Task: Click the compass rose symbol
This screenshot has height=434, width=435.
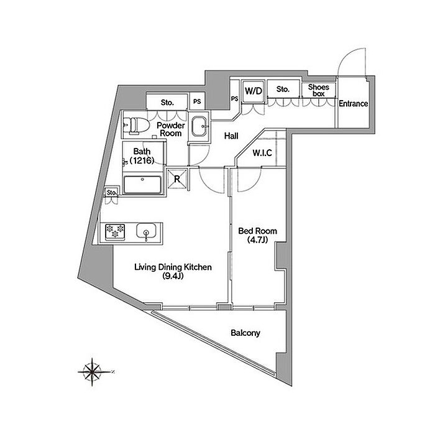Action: (93, 372)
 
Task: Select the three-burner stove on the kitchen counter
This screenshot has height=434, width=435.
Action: (115, 232)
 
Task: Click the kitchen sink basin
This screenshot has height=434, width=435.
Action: (146, 231)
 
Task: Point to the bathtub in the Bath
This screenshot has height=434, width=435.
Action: (142, 185)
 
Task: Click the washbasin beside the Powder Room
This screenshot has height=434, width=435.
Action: (199, 127)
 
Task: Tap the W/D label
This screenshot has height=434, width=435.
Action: (254, 91)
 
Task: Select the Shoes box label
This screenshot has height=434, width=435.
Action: (318, 90)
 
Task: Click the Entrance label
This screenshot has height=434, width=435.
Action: (353, 103)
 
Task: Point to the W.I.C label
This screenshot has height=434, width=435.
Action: (262, 153)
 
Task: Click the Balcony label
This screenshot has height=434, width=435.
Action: (245, 333)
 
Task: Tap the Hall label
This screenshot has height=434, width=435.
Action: (231, 136)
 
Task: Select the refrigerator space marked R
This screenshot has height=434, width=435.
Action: (177, 178)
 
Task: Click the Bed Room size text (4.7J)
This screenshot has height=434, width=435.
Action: (258, 239)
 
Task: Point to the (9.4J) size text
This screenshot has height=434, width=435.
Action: (173, 275)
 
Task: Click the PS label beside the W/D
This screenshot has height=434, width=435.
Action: (235, 98)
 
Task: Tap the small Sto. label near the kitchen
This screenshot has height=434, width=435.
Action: (112, 192)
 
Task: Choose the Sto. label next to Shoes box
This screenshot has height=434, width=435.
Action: (283, 89)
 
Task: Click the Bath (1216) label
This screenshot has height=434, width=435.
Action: (142, 155)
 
